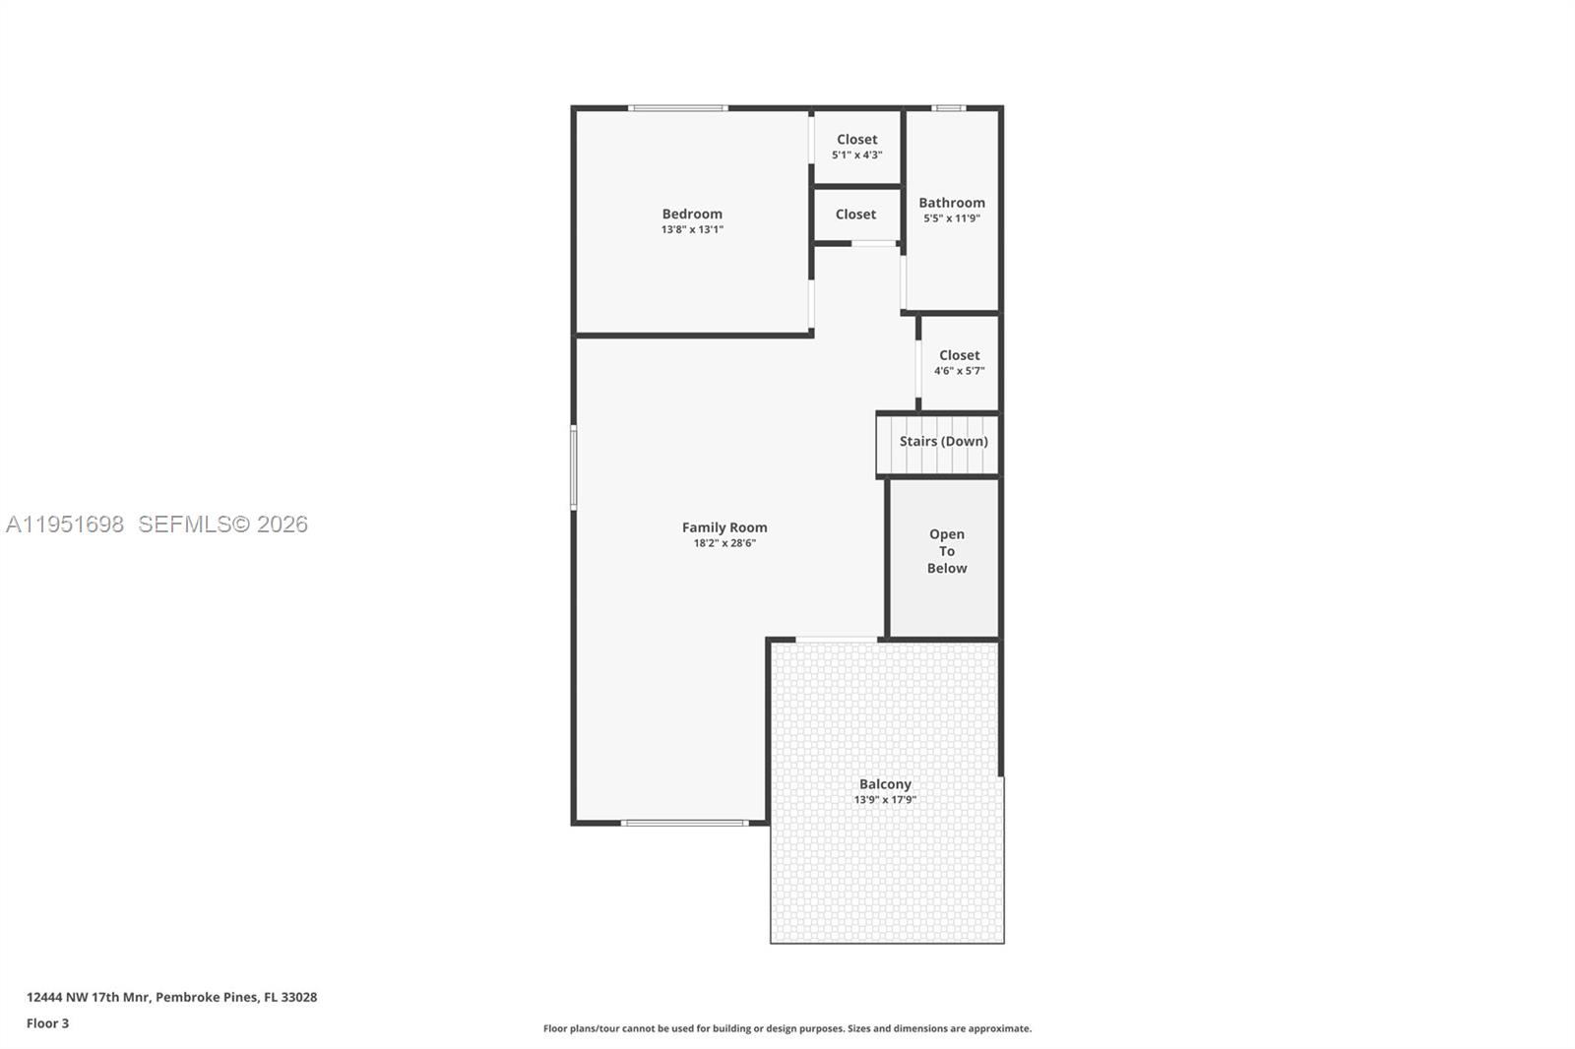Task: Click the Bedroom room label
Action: click(x=692, y=214)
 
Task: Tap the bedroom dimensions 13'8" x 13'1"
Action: click(x=692, y=229)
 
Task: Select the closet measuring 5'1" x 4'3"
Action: click(x=856, y=147)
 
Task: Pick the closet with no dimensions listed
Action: click(x=855, y=215)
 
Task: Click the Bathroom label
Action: click(x=952, y=203)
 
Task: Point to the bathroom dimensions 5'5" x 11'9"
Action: click(x=952, y=218)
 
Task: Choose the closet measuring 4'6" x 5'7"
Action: click(x=959, y=362)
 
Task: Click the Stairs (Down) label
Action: click(x=943, y=441)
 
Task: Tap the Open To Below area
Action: click(x=946, y=551)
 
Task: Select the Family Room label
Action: click(x=724, y=527)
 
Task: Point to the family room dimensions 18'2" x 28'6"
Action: click(x=724, y=543)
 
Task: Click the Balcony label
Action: click(x=885, y=784)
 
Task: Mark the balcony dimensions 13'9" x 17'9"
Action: click(x=885, y=800)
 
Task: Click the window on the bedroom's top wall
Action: click(x=678, y=108)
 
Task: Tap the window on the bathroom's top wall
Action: click(x=949, y=108)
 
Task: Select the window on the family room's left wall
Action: click(x=574, y=467)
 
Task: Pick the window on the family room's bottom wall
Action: click(x=685, y=823)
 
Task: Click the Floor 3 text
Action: click(x=47, y=1023)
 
